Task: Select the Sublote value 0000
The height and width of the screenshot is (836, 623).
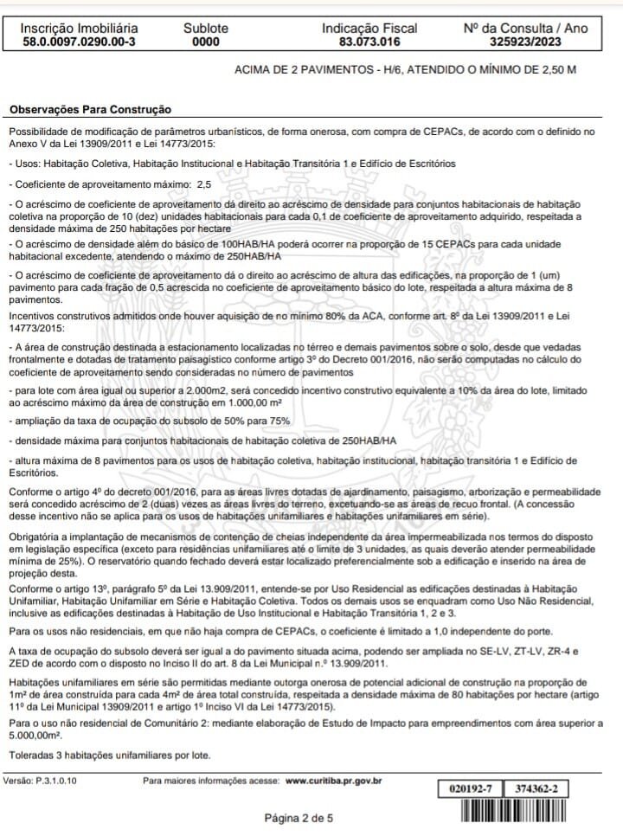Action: (x=206, y=41)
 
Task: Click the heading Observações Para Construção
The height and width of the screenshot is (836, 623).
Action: (x=91, y=110)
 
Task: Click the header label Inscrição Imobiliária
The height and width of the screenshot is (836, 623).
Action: (x=79, y=28)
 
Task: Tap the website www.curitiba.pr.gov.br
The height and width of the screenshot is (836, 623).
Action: (x=334, y=781)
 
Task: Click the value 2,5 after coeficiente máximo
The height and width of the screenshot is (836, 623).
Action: (x=204, y=183)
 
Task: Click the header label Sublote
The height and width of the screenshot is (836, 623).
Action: (x=206, y=28)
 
